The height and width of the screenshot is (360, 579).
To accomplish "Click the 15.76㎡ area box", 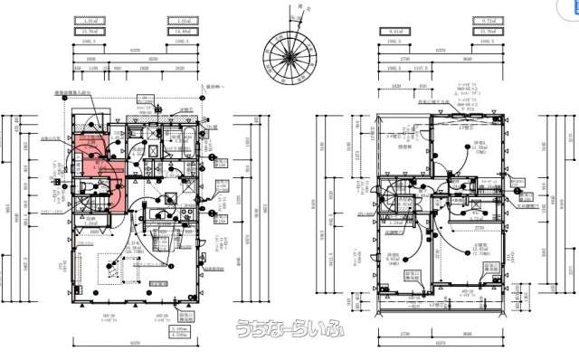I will tap(89, 32).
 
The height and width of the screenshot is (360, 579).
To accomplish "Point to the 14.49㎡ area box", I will tap(180, 32).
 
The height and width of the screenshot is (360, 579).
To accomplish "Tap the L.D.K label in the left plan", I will tap(136, 244).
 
